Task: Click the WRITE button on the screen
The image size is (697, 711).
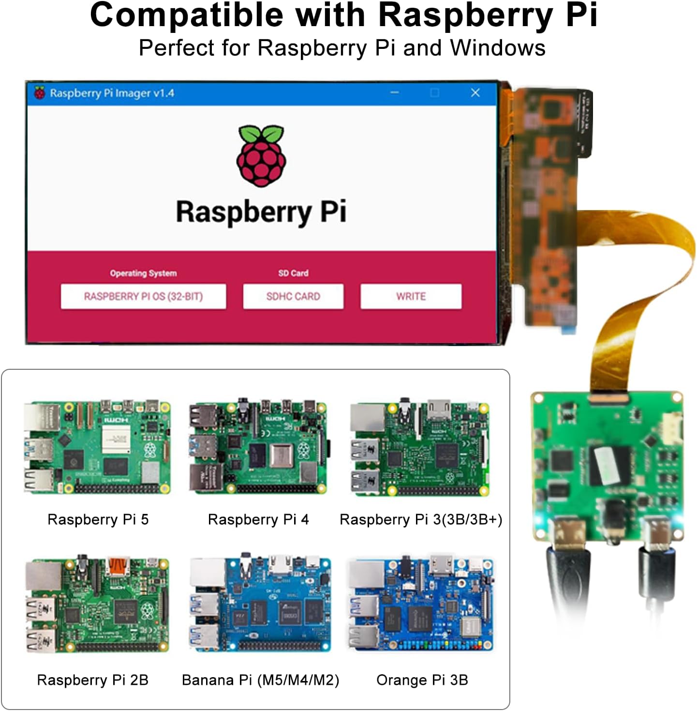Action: tap(411, 296)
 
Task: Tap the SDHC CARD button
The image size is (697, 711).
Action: tap(293, 296)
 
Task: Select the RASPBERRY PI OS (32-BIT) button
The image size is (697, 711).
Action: tap(143, 296)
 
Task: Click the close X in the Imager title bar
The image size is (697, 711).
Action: tap(475, 93)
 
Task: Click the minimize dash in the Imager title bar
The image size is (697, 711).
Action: tap(395, 92)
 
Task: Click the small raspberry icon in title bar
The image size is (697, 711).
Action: tap(40, 92)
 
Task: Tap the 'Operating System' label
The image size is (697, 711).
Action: tap(143, 273)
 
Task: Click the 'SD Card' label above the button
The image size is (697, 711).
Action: tap(293, 273)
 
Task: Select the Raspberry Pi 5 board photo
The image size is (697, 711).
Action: tap(97, 447)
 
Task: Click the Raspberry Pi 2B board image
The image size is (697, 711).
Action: tap(97, 605)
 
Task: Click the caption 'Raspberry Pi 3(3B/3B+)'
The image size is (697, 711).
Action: tap(421, 519)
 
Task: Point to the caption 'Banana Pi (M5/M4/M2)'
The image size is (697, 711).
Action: tap(260, 680)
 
